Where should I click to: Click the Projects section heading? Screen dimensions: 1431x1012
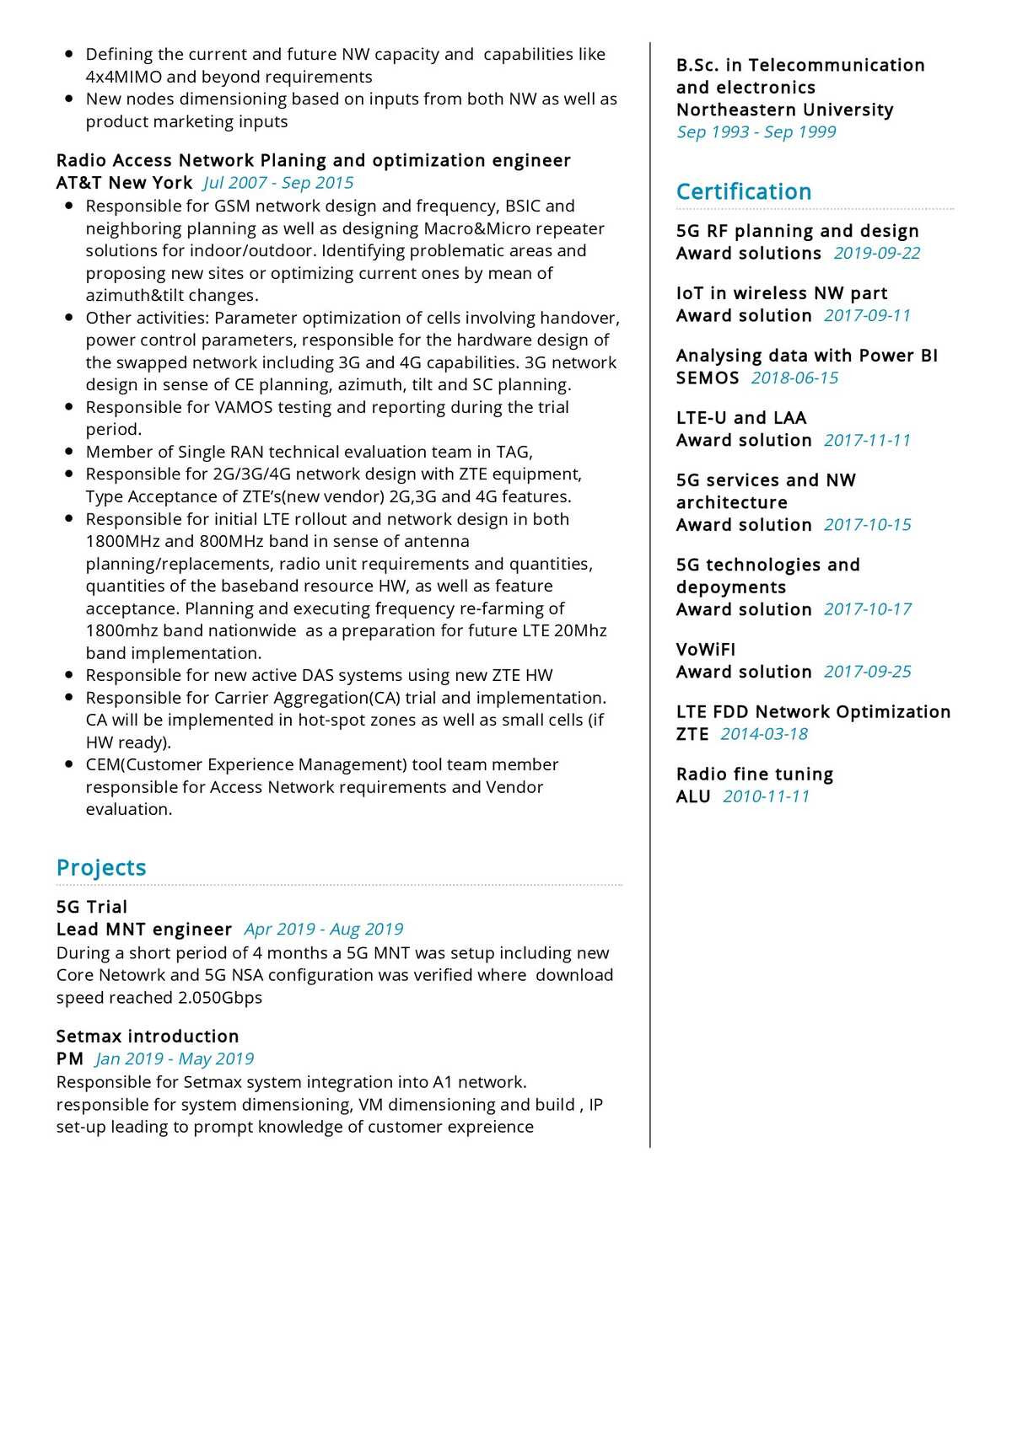pyautogui.click(x=101, y=867)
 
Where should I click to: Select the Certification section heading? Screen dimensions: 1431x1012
pyautogui.click(x=743, y=191)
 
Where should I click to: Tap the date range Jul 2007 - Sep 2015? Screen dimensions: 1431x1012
pyautogui.click(x=278, y=183)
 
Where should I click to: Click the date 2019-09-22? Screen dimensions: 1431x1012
pyautogui.click(x=877, y=253)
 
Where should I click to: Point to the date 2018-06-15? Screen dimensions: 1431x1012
pyautogui.click(x=794, y=378)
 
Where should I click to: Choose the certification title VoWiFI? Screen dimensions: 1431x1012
pyautogui.click(x=706, y=649)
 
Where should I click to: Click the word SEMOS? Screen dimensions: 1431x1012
pyautogui.click(x=707, y=378)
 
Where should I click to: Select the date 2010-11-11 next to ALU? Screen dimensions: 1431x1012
pyautogui.click(x=766, y=796)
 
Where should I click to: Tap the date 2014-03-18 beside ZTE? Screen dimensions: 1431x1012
pyautogui.click(x=764, y=734)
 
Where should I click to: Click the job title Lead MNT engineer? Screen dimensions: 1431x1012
pyautogui.click(x=143, y=929)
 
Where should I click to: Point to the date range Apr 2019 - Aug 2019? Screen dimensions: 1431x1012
pyautogui.click(x=324, y=929)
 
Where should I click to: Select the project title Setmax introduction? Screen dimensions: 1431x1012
pyautogui.click(x=148, y=1036)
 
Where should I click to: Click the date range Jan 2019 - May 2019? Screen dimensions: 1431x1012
pyautogui.click(x=175, y=1059)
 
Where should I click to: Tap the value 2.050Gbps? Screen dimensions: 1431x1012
pyautogui.click(x=220, y=997)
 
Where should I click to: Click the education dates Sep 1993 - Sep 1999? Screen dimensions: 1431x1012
pyautogui.click(x=756, y=131)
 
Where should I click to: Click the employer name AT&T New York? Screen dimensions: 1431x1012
pyautogui.click(x=124, y=183)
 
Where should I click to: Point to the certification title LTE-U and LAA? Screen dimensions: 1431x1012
pyautogui.click(x=741, y=418)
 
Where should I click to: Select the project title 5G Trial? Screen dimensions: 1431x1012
pyautogui.click(x=92, y=907)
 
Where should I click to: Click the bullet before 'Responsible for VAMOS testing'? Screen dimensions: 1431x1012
pyautogui.click(x=69, y=407)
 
